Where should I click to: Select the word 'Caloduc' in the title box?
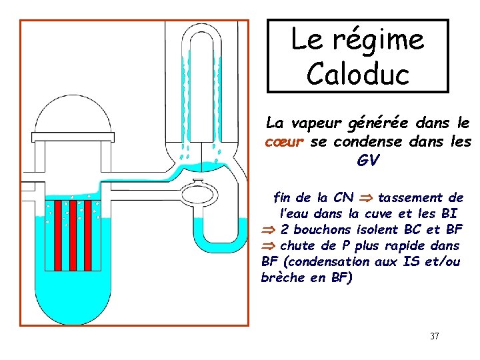[358, 74]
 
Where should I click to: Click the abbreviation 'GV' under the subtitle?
[367, 161]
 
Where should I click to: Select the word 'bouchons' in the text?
[325, 230]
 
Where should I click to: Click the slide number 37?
[435, 336]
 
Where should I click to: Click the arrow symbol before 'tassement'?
[365, 199]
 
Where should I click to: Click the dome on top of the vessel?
[71, 115]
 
